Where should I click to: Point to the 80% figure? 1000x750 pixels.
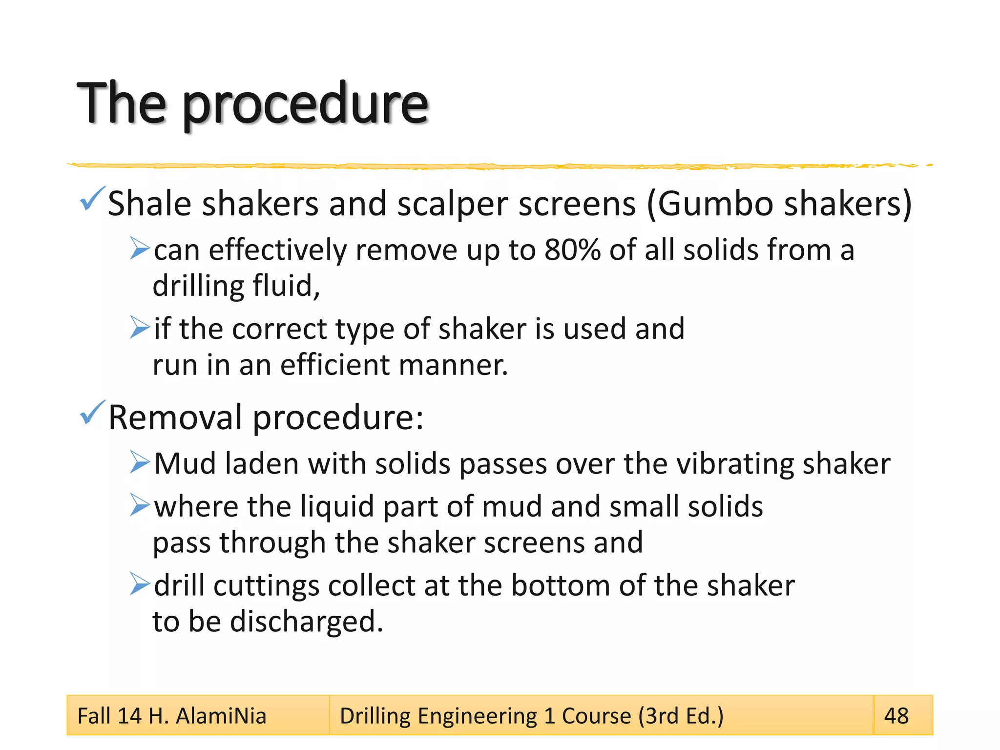(572, 250)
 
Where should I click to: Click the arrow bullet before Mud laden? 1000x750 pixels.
(140, 462)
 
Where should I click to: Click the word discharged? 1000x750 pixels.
(306, 622)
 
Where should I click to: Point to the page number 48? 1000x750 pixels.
(896, 716)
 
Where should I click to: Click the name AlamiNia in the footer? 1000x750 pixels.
(221, 716)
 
